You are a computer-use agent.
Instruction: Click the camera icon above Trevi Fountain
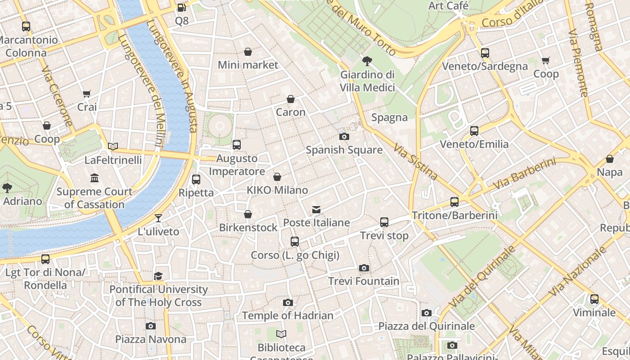pos(364,268)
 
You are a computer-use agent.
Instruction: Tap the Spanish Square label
pos(344,150)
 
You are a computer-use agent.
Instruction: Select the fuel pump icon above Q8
pos(181,8)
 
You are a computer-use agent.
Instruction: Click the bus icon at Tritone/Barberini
pos(454,202)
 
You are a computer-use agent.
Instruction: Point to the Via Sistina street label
pos(415,162)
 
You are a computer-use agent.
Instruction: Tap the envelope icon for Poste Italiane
pos(316,210)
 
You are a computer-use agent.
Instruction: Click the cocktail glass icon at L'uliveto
pos(158,219)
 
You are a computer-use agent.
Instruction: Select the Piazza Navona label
pos(151,339)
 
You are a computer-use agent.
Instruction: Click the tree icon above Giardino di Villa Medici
pos(367,61)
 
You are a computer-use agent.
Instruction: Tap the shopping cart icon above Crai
pos(87,94)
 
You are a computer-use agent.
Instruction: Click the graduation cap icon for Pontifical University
pos(158,276)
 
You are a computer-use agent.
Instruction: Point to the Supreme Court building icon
pos(94,179)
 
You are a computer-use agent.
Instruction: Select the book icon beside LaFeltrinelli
pos(113,146)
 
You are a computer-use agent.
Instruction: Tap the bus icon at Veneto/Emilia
pos(474,131)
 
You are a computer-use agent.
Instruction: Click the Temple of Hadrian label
pos(288,315)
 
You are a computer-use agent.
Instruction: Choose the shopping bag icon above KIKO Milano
pos(277,177)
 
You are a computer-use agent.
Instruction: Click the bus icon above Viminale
pos(594,299)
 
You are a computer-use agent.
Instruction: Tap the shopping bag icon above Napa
pos(610,159)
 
